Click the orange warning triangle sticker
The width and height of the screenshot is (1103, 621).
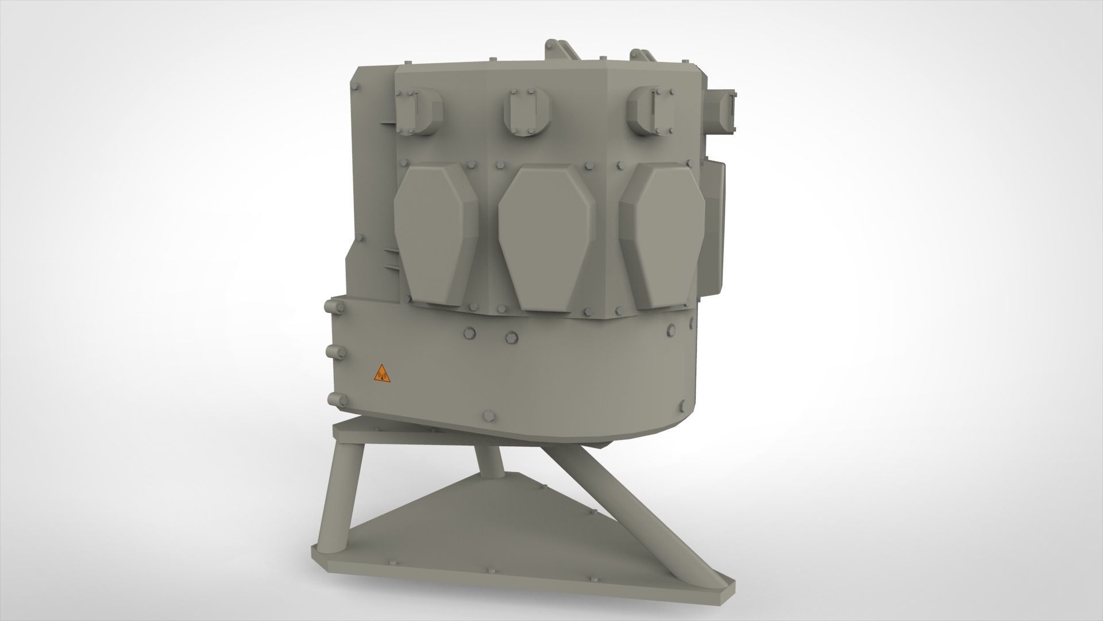pyautogui.click(x=381, y=374)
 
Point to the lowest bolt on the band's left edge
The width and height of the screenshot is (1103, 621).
pyautogui.click(x=331, y=400)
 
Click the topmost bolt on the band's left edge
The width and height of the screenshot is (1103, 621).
pyautogui.click(x=330, y=305)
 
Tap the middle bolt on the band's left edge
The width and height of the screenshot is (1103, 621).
pyautogui.click(x=331, y=351)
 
